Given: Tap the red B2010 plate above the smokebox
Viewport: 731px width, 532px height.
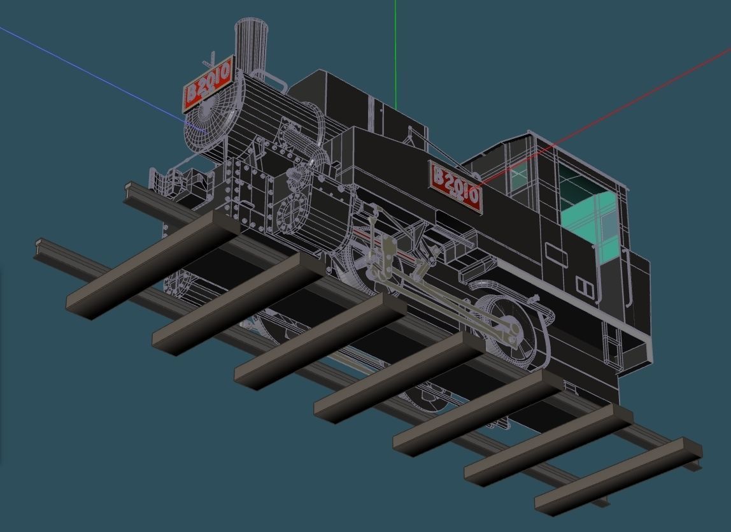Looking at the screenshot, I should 207,85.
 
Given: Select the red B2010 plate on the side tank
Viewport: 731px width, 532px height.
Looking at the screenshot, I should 456,185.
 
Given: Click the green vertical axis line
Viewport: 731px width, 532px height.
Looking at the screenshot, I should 395,51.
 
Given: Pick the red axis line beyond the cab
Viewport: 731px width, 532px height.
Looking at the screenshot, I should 637,96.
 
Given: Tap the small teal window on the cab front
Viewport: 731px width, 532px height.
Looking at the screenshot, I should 520,180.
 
